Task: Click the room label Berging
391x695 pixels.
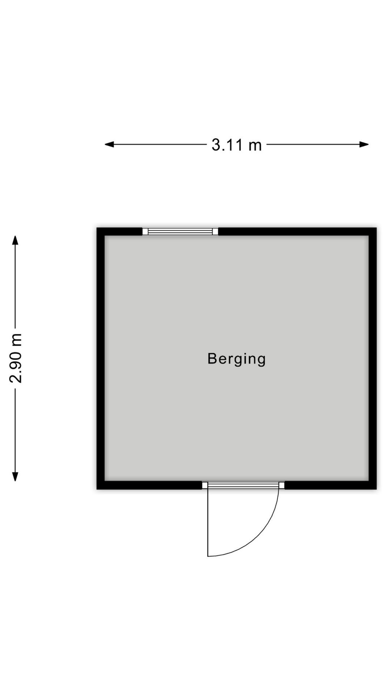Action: (x=236, y=359)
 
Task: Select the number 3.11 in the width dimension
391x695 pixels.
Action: (x=227, y=145)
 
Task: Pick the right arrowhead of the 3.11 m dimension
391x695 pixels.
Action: (x=364, y=144)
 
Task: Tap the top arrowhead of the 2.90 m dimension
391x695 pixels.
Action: (x=15, y=240)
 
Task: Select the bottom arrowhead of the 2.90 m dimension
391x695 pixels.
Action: (x=15, y=476)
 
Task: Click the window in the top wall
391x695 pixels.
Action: (x=180, y=232)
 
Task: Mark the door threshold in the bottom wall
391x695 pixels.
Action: (x=243, y=485)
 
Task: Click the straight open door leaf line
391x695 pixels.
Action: (x=208, y=522)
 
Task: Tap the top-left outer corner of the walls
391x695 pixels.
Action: (x=97, y=228)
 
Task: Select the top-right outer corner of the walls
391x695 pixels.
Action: (x=377, y=228)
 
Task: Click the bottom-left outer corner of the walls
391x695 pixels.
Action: (x=97, y=489)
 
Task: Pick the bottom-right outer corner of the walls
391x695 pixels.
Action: (x=377, y=489)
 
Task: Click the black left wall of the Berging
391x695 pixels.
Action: (x=101, y=358)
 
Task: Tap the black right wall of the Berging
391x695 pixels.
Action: (x=373, y=358)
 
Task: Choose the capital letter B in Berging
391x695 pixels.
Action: (x=212, y=358)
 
